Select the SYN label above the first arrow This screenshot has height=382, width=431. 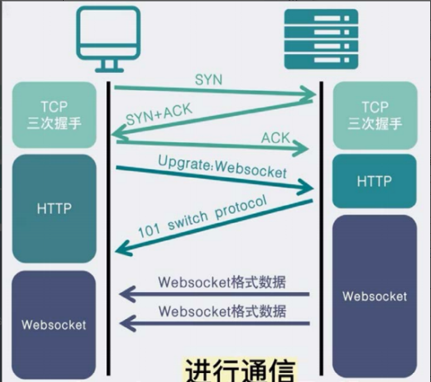coord(208,79)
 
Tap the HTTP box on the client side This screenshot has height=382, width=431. coord(55,209)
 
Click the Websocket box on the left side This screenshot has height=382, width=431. coord(55,325)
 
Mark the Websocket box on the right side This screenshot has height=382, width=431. coord(375,295)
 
